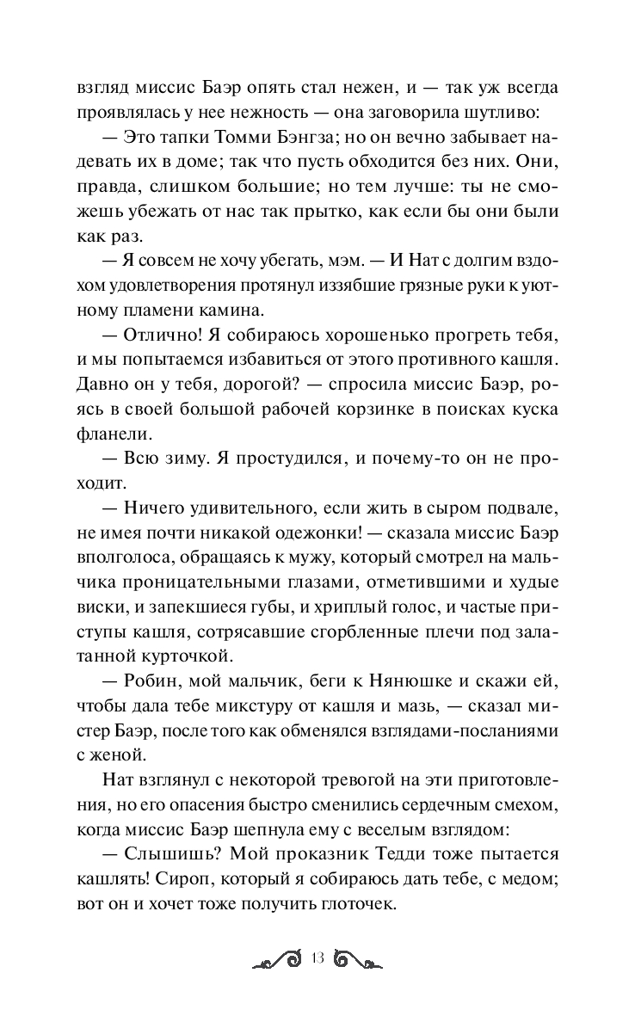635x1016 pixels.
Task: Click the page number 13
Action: [x=318, y=959]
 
